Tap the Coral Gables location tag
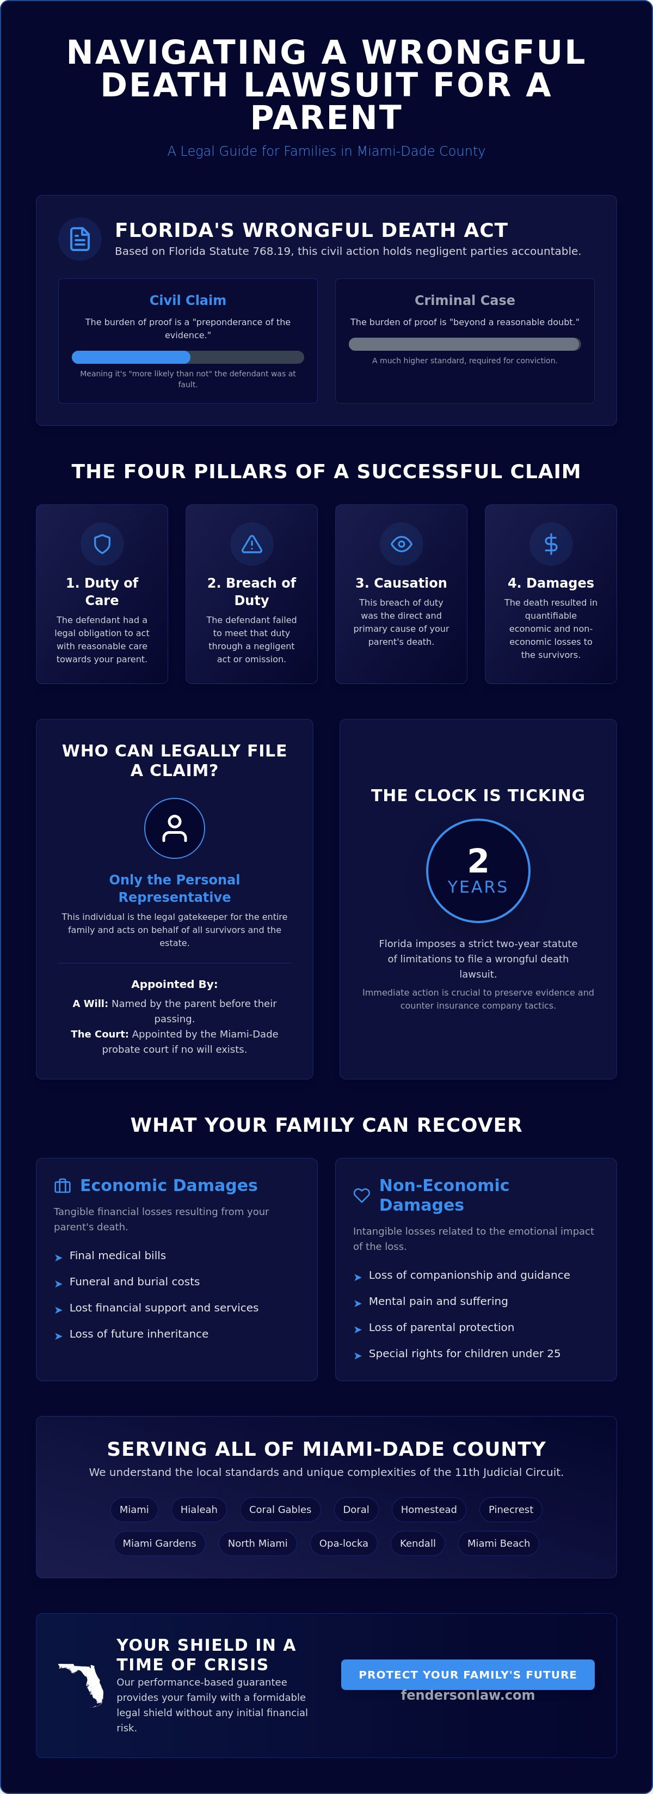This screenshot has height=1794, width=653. tap(280, 1509)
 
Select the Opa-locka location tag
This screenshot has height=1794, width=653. tap(343, 1543)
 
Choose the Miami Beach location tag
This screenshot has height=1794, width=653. tap(498, 1543)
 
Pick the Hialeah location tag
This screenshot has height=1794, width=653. tap(199, 1509)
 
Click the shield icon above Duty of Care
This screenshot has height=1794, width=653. tap(102, 544)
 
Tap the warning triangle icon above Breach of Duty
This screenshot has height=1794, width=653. tap(251, 544)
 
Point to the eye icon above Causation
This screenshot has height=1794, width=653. tap(401, 544)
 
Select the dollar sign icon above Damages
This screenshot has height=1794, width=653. tap(551, 544)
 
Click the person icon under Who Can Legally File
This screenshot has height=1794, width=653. tap(175, 828)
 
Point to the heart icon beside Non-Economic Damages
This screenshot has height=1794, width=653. tap(361, 1195)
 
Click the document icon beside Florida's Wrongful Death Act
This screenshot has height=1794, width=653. tap(80, 239)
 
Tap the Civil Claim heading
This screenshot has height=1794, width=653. tap(188, 300)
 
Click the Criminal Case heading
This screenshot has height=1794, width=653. tap(465, 300)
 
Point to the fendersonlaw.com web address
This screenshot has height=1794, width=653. tap(468, 1695)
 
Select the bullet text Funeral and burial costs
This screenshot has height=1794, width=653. tap(134, 1282)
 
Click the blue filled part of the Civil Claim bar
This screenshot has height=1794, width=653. tap(131, 357)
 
